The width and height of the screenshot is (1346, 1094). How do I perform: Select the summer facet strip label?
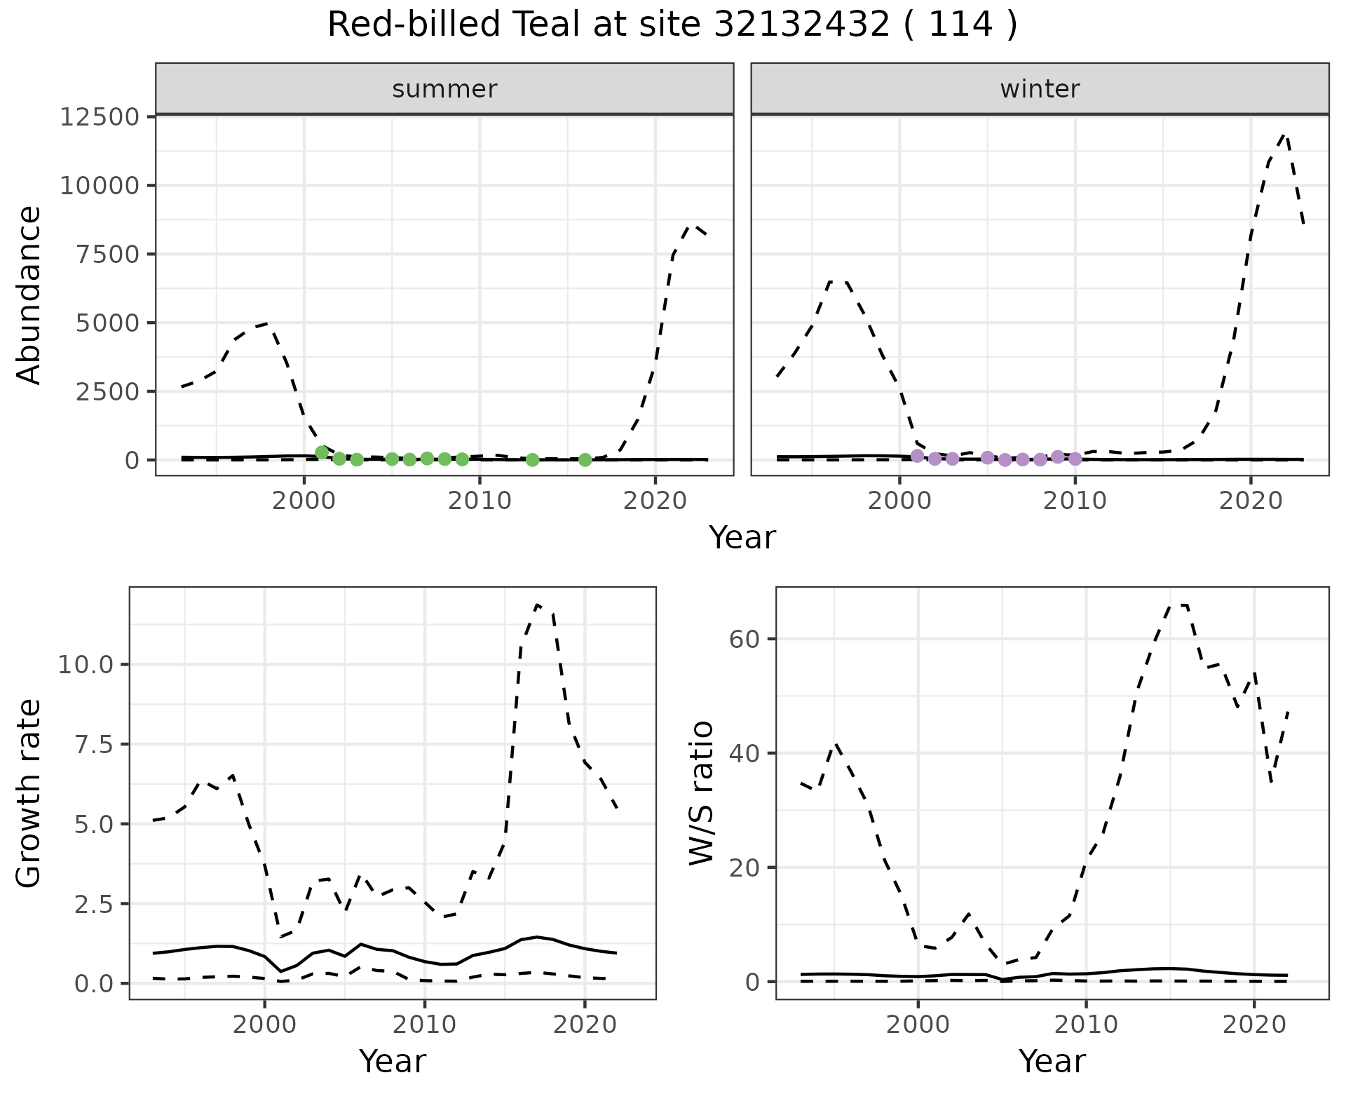(444, 89)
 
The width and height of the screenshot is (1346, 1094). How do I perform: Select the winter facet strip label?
(1040, 89)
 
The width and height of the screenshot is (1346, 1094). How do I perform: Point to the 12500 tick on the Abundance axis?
(100, 116)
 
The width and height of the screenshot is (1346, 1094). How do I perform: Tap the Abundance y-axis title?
(29, 295)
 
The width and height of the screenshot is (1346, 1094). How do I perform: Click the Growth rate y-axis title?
(29, 792)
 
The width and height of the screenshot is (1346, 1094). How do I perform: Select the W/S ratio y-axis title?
(701, 792)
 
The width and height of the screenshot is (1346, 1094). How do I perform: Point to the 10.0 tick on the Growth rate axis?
(86, 664)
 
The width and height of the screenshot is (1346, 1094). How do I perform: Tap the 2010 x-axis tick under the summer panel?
(480, 501)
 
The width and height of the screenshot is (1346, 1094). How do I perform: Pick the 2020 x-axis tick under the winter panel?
(1251, 501)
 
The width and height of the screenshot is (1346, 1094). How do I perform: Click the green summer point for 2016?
(585, 460)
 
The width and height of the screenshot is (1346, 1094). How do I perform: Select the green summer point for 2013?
(532, 460)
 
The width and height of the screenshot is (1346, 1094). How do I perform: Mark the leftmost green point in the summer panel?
(322, 452)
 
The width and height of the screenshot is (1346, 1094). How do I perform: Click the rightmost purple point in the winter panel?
(1075, 459)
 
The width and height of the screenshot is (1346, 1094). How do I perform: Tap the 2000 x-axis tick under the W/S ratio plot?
(918, 1025)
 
